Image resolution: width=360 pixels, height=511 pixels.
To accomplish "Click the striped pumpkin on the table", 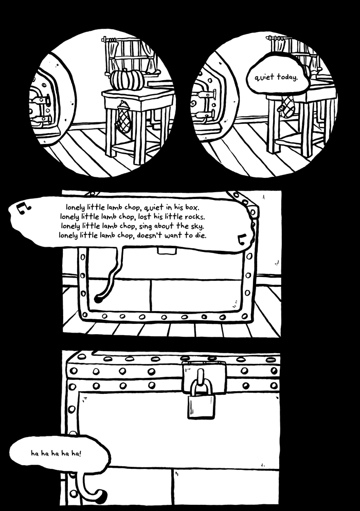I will pyautogui.click(x=127, y=80).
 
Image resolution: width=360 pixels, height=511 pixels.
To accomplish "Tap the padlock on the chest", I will pyautogui.click(x=201, y=405).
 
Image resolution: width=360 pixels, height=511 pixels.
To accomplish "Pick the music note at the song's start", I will pyautogui.click(x=23, y=206).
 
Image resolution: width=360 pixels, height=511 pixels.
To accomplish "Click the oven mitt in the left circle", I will pyautogui.click(x=123, y=118).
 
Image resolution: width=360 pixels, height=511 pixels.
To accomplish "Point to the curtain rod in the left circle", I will pyautogui.click(x=123, y=40).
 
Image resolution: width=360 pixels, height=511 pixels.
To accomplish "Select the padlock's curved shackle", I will pyautogui.click(x=201, y=385).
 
